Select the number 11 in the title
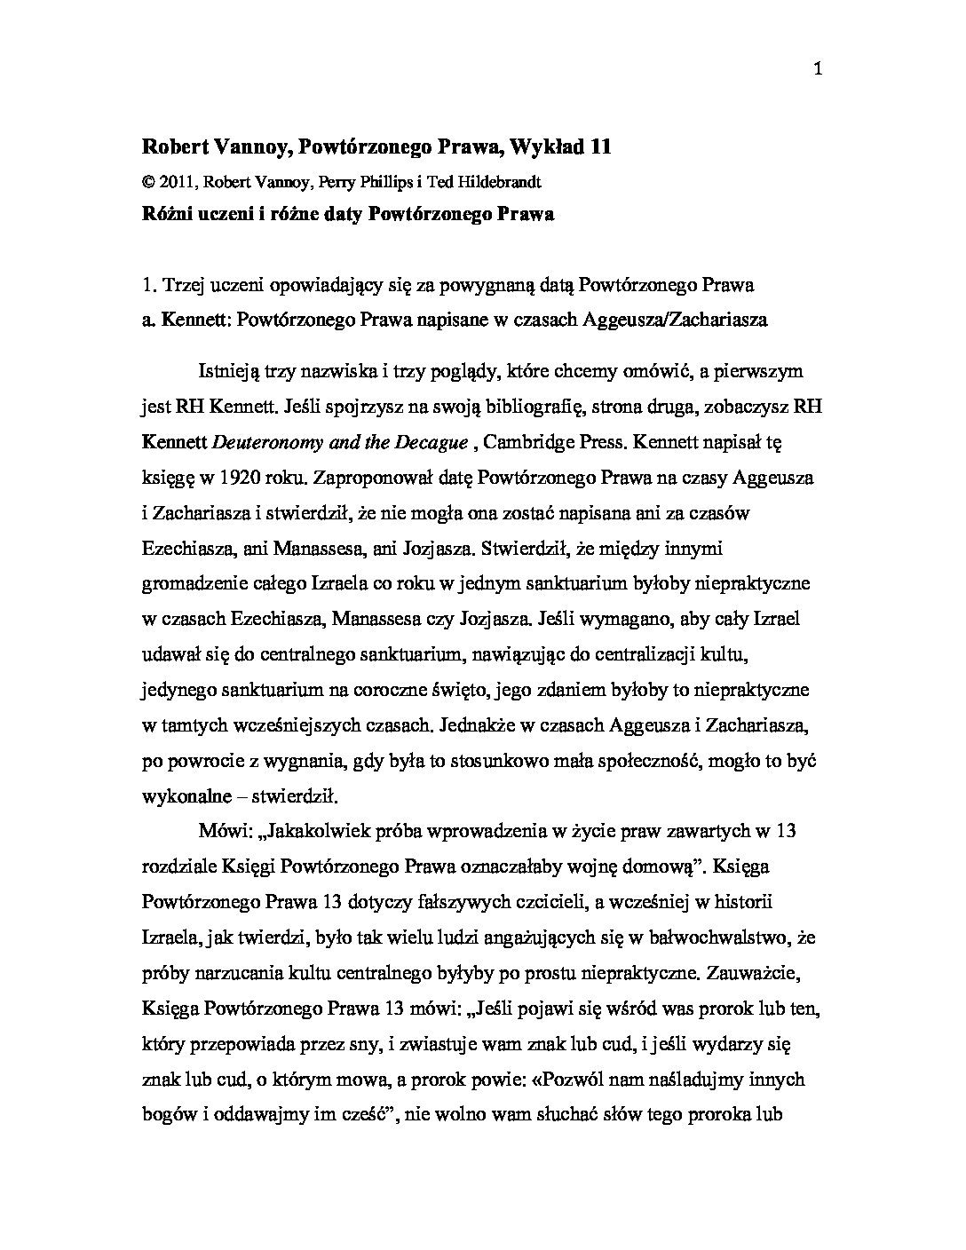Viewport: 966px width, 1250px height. click(x=599, y=147)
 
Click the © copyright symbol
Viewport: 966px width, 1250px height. click(x=147, y=182)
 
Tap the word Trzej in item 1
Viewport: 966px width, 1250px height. click(x=182, y=286)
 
